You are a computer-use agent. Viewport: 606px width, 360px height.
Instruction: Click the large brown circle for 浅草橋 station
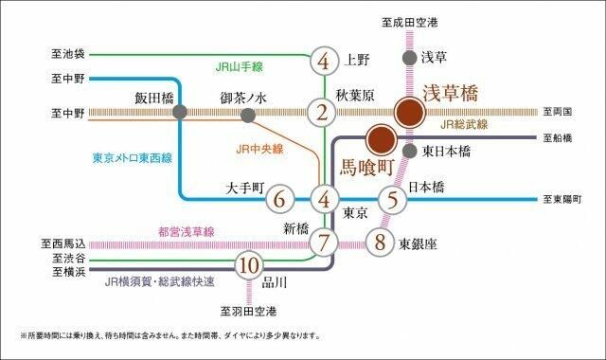pyautogui.click(x=409, y=113)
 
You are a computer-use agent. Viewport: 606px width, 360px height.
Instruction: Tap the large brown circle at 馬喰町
pyautogui.click(x=381, y=140)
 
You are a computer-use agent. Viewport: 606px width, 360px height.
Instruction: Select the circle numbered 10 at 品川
pyautogui.click(x=249, y=264)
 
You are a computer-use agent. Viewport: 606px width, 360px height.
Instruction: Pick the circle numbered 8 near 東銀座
pyautogui.click(x=381, y=241)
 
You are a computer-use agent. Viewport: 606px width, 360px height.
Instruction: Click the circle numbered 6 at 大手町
pyautogui.click(x=278, y=200)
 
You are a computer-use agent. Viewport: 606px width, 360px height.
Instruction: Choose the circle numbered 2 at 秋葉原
pyautogui.click(x=324, y=114)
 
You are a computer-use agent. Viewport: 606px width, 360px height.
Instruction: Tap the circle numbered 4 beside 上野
pyautogui.click(x=324, y=63)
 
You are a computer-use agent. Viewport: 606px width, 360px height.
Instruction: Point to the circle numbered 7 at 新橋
pyautogui.click(x=324, y=241)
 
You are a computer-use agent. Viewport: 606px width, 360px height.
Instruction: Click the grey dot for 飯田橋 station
pyautogui.click(x=180, y=113)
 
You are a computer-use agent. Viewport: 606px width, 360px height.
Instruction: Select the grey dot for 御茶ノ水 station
pyautogui.click(x=248, y=115)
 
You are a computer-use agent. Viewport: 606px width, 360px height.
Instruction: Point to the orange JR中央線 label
pyautogui.click(x=260, y=149)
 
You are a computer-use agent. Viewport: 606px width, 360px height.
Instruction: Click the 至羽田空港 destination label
pyautogui.click(x=249, y=311)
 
